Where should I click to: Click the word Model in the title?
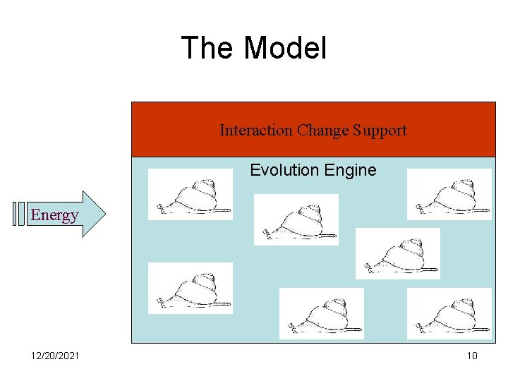[x=286, y=49]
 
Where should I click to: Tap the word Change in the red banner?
[x=323, y=130]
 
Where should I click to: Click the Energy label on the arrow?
[x=54, y=214]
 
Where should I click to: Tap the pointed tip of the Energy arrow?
[x=104, y=213]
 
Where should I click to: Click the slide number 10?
[x=472, y=356]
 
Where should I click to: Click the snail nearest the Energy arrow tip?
[x=190, y=195]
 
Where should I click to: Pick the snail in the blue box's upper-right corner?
[x=449, y=195]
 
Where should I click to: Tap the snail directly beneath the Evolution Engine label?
[x=296, y=219]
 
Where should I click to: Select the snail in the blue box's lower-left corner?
[x=190, y=288]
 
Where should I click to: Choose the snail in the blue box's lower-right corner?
[x=449, y=313]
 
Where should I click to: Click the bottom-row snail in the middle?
[x=321, y=313]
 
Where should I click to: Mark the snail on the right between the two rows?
[x=397, y=253]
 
